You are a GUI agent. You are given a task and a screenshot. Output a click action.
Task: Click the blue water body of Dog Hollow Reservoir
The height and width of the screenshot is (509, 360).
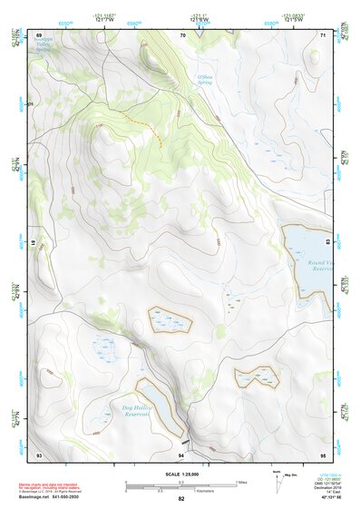158,399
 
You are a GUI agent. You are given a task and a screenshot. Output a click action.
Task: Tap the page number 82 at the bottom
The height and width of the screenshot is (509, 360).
181,499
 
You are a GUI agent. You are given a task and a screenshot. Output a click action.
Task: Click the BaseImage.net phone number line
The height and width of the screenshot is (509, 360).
57,496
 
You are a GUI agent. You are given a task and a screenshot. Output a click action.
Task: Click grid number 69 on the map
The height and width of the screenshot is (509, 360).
39,35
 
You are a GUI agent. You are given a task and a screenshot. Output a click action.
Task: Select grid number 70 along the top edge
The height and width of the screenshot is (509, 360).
182,35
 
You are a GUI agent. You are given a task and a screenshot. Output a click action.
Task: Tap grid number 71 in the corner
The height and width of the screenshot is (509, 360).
324,35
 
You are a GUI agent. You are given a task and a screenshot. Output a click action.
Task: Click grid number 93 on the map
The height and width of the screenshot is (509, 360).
39,453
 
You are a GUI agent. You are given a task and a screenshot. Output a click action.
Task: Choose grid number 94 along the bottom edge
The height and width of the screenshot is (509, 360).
181,453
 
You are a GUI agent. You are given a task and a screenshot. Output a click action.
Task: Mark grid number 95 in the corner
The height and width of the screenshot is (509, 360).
323,453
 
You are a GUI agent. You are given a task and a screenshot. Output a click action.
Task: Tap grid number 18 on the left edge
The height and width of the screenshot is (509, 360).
34,244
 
